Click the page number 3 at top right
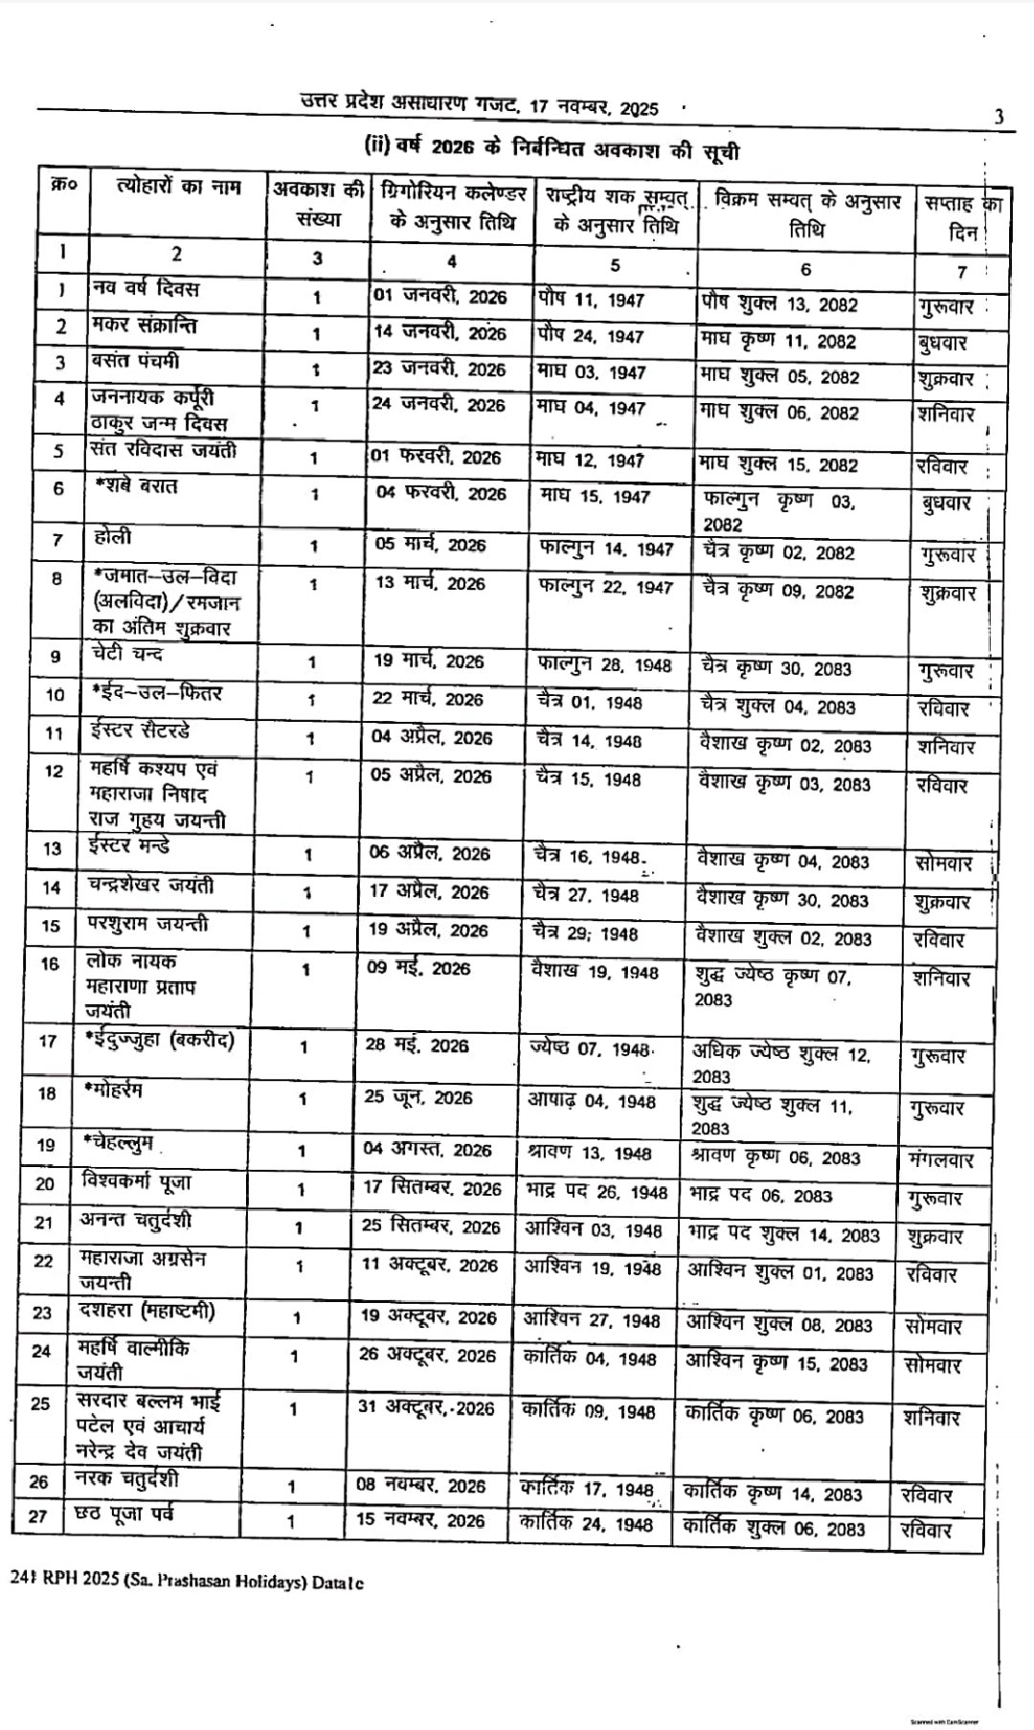[999, 118]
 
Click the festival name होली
[114, 537]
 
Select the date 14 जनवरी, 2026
[439, 333]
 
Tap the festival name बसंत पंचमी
[136, 363]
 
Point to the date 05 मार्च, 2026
[430, 545]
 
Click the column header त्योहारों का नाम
[177, 187]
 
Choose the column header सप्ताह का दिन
[961, 216]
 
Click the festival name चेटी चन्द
[128, 654]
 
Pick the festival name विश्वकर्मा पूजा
[135, 1181]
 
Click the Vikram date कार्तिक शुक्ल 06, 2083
[774, 1529]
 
